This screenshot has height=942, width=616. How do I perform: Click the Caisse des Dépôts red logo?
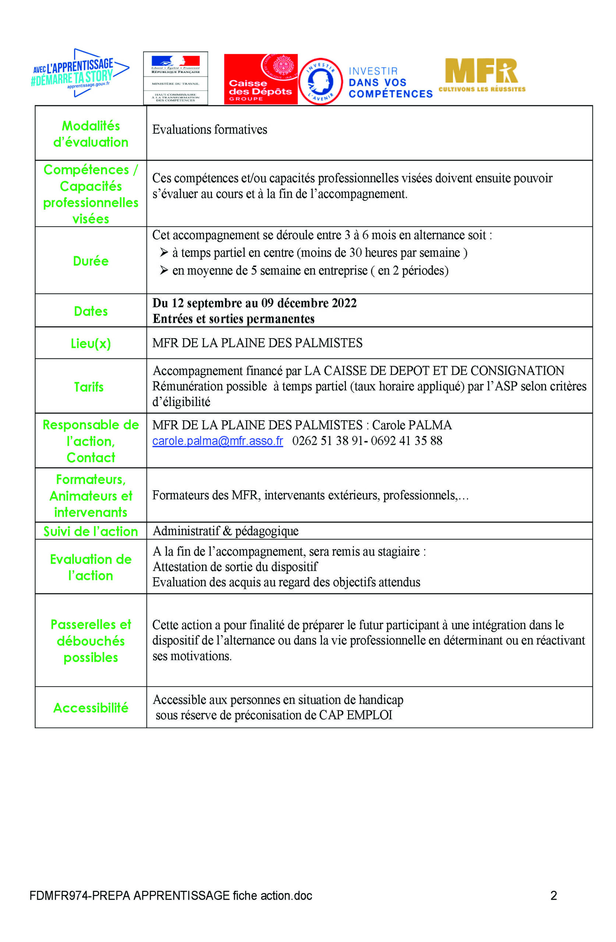(x=260, y=79)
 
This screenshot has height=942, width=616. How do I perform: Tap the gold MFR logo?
(x=481, y=75)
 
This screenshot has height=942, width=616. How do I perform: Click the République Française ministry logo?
(x=175, y=78)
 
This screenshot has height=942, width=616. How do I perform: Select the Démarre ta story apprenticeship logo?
(x=79, y=73)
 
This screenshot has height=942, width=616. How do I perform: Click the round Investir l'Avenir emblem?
(x=320, y=81)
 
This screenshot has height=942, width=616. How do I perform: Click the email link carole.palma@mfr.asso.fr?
(x=217, y=441)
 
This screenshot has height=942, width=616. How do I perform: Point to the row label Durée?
(x=91, y=261)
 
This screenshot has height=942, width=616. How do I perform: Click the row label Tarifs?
(x=89, y=387)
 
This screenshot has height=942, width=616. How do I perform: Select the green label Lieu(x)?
(x=91, y=343)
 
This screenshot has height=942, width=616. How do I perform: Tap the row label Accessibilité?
(x=91, y=708)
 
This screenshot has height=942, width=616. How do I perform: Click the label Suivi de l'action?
(x=91, y=532)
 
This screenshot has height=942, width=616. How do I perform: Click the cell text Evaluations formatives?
(x=209, y=130)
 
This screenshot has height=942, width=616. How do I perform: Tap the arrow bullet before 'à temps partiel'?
(x=164, y=252)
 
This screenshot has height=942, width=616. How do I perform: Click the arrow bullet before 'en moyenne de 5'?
(x=164, y=270)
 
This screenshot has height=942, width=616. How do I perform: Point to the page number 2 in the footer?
(x=553, y=896)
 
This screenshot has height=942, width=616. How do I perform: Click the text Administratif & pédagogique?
(x=225, y=531)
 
